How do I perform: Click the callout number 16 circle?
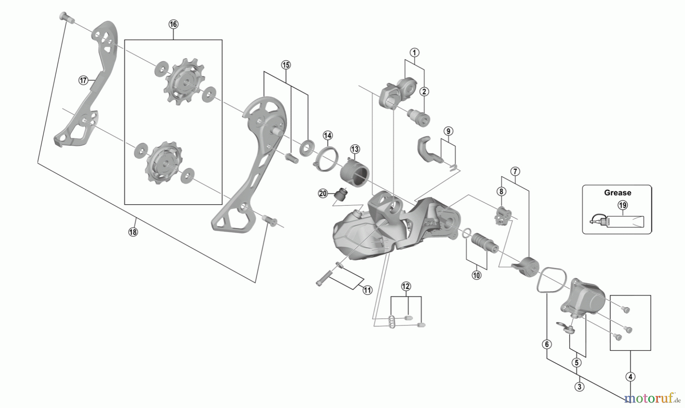173,24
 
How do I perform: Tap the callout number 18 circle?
133,232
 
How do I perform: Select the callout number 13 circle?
355,149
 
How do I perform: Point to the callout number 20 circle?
323,194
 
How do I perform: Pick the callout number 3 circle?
579,387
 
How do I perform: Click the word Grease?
617,193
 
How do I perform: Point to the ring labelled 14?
327,157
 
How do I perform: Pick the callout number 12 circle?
406,286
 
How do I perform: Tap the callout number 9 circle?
448,131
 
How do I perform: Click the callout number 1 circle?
414,53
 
